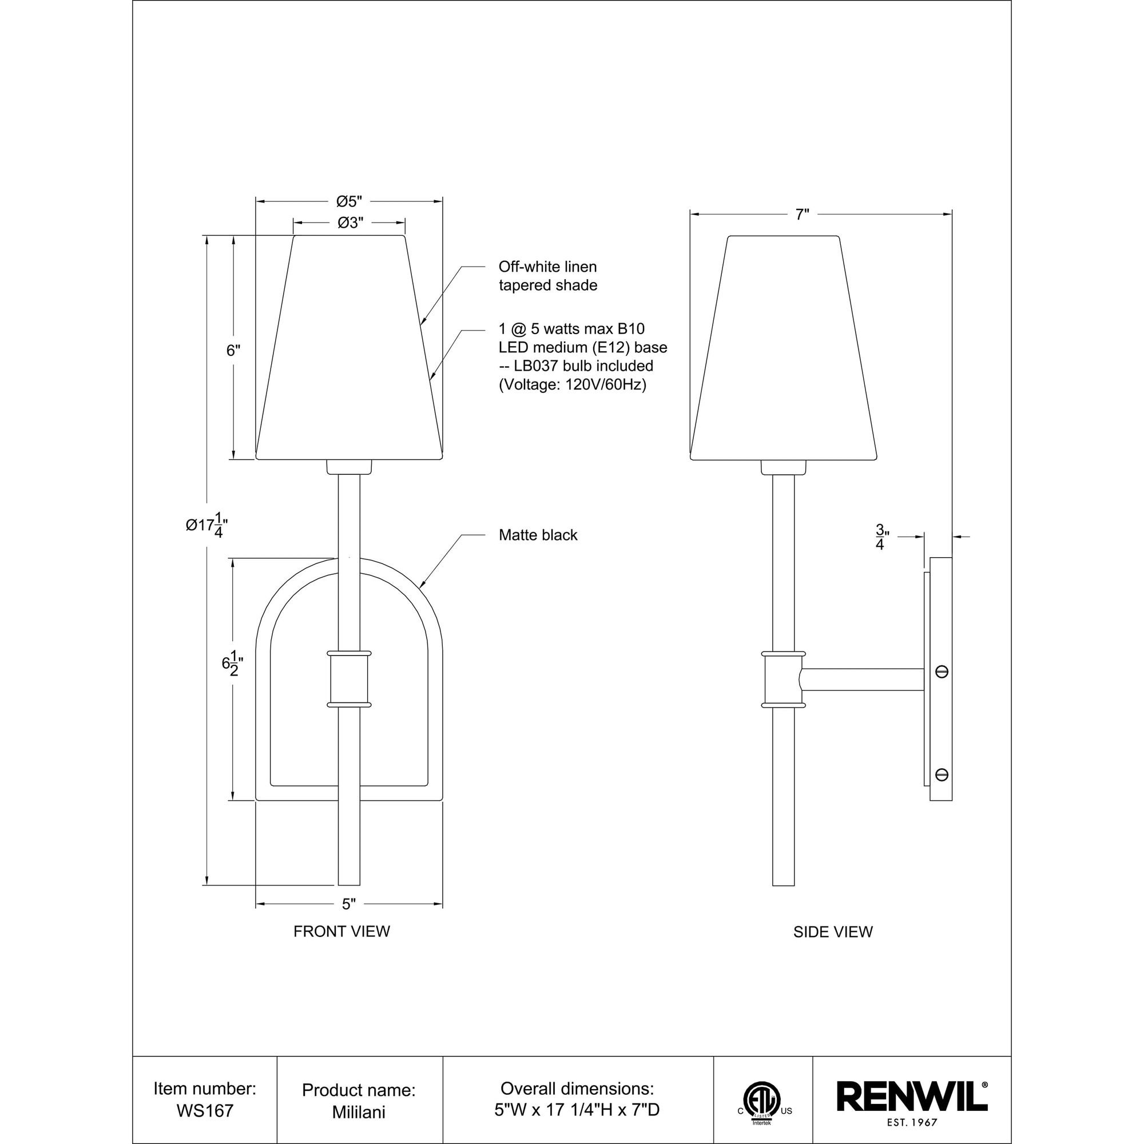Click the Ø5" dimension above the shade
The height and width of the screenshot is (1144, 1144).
pyautogui.click(x=349, y=201)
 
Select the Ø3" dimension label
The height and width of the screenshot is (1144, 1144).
pyautogui.click(x=349, y=223)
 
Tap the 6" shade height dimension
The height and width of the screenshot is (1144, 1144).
pyautogui.click(x=233, y=351)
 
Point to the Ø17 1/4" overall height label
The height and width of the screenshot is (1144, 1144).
pyautogui.click(x=206, y=525)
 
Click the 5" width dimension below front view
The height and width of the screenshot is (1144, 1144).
pyautogui.click(x=349, y=921)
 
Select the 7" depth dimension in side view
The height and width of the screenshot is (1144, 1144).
pyautogui.click(x=802, y=214)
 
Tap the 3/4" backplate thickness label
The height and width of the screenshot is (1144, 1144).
pyautogui.click(x=881, y=537)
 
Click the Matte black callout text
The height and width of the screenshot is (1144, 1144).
pyautogui.click(x=538, y=535)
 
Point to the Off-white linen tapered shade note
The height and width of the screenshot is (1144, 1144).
pyautogui.click(x=548, y=276)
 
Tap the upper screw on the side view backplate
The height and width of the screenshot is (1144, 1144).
pyautogui.click(x=942, y=672)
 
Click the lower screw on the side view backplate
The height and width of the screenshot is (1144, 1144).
pyautogui.click(x=942, y=774)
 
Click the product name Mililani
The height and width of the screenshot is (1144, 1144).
pyautogui.click(x=359, y=1111)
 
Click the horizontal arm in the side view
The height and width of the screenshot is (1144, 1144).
pyautogui.click(x=861, y=679)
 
